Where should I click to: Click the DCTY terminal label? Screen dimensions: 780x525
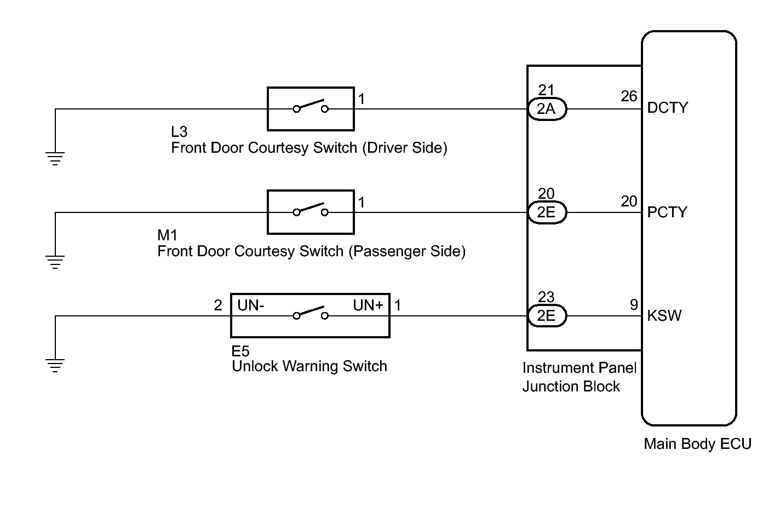click(667, 108)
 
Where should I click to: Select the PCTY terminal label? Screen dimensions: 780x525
click(667, 212)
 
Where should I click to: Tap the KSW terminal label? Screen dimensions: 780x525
click(664, 316)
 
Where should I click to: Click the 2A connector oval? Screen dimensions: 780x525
click(547, 109)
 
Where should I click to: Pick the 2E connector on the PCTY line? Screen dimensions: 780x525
click(547, 212)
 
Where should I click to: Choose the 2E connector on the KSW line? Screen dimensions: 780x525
click(547, 315)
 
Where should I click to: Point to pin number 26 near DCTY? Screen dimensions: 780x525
click(629, 96)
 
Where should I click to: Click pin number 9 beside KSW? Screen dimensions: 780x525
click(634, 305)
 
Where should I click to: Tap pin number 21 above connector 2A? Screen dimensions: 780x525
click(546, 90)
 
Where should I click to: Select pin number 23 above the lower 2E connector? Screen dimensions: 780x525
click(546, 297)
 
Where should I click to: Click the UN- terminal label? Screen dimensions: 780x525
click(251, 305)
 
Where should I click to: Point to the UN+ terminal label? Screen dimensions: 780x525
click(368, 305)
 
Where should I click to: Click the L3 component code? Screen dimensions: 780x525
click(179, 132)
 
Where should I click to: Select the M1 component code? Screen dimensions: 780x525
click(168, 235)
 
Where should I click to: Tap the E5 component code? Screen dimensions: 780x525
click(240, 351)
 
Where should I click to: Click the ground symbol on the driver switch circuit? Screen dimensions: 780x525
click(55, 158)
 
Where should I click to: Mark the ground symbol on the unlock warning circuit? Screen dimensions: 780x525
click(55, 366)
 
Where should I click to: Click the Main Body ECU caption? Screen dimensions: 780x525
click(698, 444)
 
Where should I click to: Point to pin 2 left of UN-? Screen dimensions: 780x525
click(218, 305)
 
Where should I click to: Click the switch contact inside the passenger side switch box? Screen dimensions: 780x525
click(311, 209)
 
